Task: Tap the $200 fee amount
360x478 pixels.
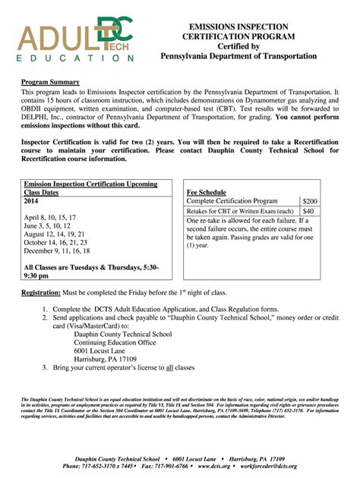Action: click(x=309, y=200)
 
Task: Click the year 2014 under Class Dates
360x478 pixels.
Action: click(x=31, y=202)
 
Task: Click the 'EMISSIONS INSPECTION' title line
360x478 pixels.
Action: click(x=238, y=27)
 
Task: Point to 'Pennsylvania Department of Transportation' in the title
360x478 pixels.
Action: click(x=238, y=57)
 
